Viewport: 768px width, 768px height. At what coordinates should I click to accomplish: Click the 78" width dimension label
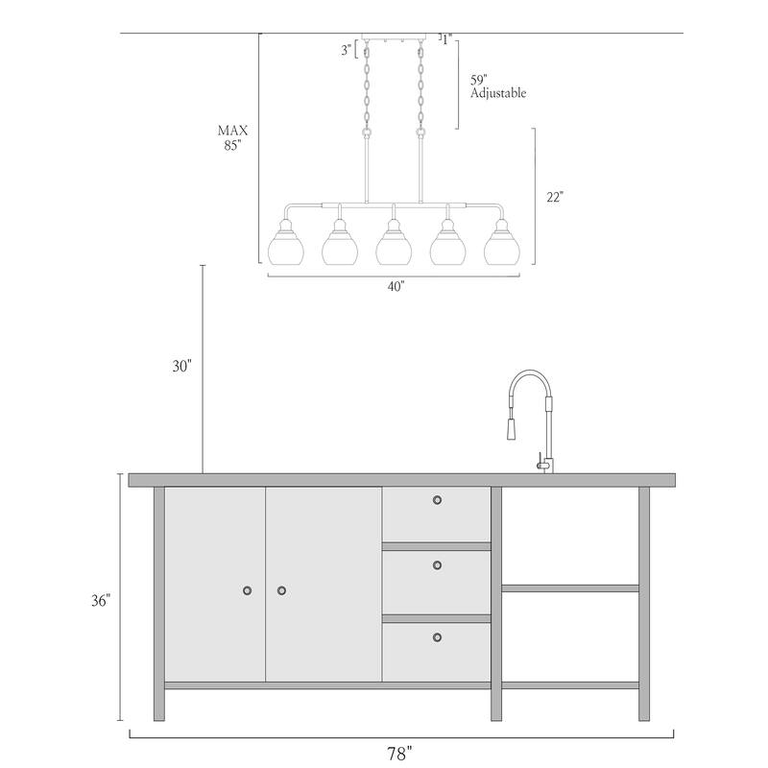pos(401,752)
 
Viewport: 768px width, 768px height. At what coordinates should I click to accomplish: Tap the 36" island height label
pos(100,600)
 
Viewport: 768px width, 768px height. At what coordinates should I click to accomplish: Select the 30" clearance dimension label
pos(183,366)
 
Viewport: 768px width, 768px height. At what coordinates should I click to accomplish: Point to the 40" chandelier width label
pos(395,286)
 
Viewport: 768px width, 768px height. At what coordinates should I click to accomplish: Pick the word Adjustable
pos(498,94)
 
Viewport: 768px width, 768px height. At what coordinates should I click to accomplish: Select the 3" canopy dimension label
pos(346,51)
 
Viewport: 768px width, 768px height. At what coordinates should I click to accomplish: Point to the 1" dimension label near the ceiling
pos(446,39)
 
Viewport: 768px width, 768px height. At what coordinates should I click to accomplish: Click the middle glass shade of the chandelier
pos(394,248)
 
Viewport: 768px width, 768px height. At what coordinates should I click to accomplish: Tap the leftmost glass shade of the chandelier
pos(285,248)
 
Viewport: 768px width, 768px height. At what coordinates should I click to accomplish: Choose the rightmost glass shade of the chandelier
pos(501,248)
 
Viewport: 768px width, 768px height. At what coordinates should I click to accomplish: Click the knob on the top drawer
pos(437,499)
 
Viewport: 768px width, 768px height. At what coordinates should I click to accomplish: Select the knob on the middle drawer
pos(437,564)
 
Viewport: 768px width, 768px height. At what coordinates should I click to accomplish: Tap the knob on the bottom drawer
pos(437,637)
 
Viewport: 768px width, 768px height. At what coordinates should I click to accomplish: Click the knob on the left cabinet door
pos(248,589)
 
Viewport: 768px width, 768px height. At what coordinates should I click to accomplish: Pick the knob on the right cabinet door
pos(281,589)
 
